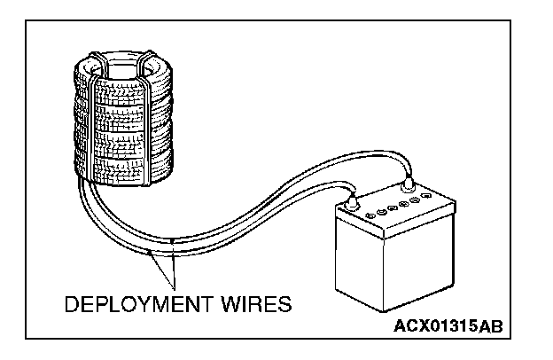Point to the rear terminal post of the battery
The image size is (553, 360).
[409, 184]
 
